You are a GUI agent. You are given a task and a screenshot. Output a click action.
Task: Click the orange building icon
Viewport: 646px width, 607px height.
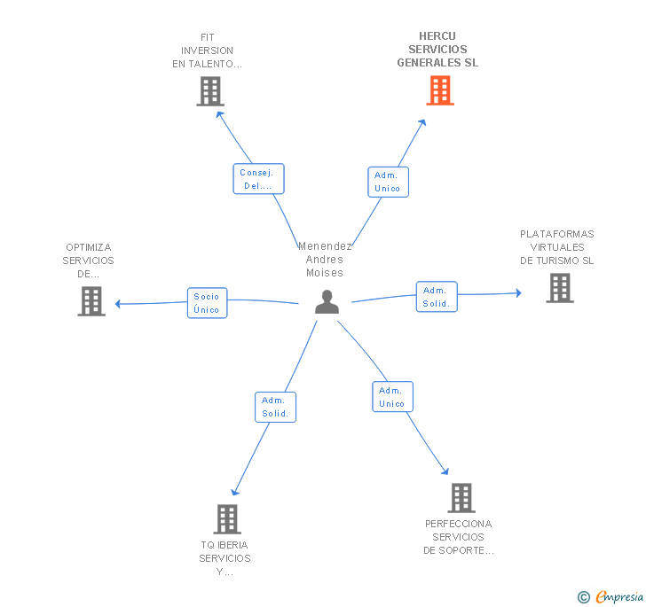coord(440,90)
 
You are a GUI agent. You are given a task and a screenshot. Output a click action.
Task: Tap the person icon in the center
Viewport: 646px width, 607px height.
coord(327,302)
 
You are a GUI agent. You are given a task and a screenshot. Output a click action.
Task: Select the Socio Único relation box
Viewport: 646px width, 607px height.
coord(208,303)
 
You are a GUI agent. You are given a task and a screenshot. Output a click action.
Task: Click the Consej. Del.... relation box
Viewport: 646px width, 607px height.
coord(259,179)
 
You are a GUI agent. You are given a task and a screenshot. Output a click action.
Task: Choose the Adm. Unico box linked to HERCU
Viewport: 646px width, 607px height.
coord(388,182)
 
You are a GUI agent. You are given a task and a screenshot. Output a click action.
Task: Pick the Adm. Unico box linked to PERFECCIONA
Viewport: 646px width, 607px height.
coord(392,397)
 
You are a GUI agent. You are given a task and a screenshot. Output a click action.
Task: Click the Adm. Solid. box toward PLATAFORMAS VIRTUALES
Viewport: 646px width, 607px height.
coord(437,297)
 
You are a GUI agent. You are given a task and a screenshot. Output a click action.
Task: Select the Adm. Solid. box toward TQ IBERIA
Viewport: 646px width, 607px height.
coord(276,407)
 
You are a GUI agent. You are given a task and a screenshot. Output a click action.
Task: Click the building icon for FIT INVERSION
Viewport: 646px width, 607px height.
coord(210,91)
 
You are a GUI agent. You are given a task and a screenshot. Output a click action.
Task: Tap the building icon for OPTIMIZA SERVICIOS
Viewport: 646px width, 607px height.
coord(91,301)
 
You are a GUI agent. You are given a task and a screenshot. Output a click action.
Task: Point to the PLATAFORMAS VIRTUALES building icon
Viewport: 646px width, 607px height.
coord(560,288)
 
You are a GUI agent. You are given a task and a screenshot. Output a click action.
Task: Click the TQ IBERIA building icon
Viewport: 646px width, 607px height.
coord(227,519)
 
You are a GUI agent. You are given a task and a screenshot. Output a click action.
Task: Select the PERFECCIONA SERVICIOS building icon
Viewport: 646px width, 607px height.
coord(461,498)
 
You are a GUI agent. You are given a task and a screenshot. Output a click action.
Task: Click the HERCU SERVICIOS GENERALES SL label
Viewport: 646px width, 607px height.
coord(437,50)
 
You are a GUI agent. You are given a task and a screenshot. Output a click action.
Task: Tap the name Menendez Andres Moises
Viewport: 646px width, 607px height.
coord(325,260)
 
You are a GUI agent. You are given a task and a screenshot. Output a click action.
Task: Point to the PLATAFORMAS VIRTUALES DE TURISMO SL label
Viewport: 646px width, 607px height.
coord(557,247)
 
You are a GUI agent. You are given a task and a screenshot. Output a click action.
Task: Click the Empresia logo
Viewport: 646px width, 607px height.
coord(611,596)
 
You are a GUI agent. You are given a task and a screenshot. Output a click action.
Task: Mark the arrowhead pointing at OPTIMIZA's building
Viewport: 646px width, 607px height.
coord(117,304)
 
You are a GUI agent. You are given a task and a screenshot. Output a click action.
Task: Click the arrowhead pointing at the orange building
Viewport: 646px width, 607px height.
coord(422,122)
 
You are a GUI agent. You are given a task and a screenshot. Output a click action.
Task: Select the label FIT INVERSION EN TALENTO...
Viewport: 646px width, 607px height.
coord(208,51)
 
